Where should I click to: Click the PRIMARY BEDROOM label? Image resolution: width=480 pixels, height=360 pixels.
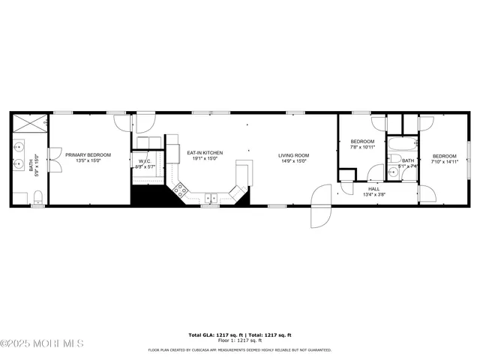[x=88, y=155]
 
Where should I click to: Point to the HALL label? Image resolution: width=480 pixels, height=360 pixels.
[x=373, y=188]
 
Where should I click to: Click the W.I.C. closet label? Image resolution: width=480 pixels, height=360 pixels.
[x=145, y=160]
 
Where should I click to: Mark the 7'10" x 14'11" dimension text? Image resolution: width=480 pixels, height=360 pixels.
[x=445, y=162]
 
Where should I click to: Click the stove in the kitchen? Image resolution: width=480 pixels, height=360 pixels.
[x=180, y=190]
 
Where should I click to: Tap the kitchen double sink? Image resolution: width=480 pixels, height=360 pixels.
[x=211, y=199]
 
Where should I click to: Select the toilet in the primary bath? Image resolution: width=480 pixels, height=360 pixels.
[x=37, y=197]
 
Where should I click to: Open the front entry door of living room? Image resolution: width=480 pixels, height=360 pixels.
[x=320, y=206]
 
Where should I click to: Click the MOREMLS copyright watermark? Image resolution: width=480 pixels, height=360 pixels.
[x=42, y=344]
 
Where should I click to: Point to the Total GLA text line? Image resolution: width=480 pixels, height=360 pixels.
[x=239, y=334]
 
